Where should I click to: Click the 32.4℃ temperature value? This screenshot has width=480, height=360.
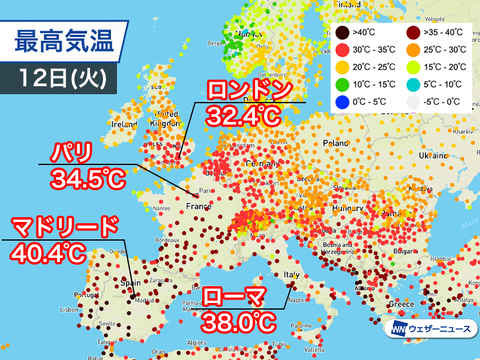(243, 116)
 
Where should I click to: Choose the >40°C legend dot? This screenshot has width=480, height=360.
(341, 32)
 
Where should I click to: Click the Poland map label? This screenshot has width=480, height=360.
(335, 144)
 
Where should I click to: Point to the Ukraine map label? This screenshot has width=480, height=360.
(433, 155)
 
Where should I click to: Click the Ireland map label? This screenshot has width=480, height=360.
(124, 124)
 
